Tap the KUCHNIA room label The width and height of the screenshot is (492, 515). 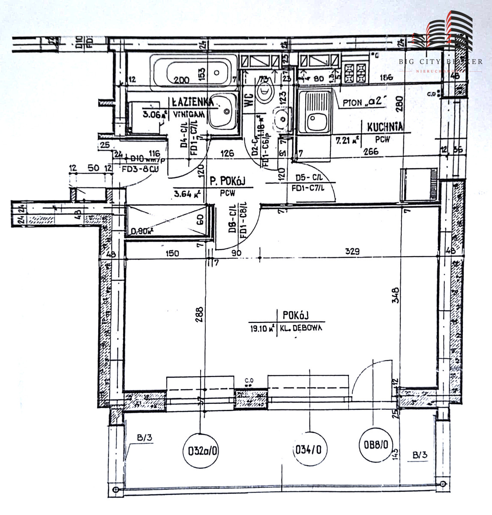click(385, 127)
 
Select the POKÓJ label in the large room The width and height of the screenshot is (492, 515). click(296, 315)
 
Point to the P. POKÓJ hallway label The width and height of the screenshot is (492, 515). click(227, 182)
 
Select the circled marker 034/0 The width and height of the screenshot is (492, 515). click(308, 450)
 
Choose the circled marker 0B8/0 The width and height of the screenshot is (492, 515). click(373, 445)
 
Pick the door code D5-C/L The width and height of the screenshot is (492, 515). click(309, 177)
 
